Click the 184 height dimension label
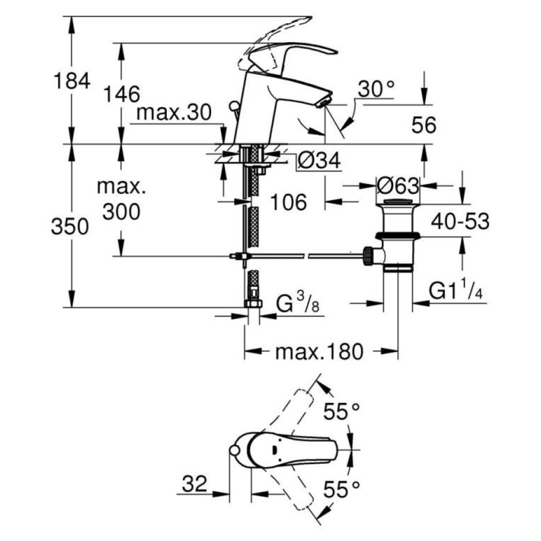coord(71,81)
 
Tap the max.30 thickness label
coord(174,113)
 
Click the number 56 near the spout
coord(424,126)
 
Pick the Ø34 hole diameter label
coord(319,160)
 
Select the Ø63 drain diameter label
coord(398,186)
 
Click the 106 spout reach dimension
coord(288,202)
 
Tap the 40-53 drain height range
coord(460,221)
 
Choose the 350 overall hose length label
coord(70,227)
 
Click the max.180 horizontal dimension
coord(319,352)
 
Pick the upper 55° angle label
coord(341,413)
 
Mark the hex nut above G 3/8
coord(253,304)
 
